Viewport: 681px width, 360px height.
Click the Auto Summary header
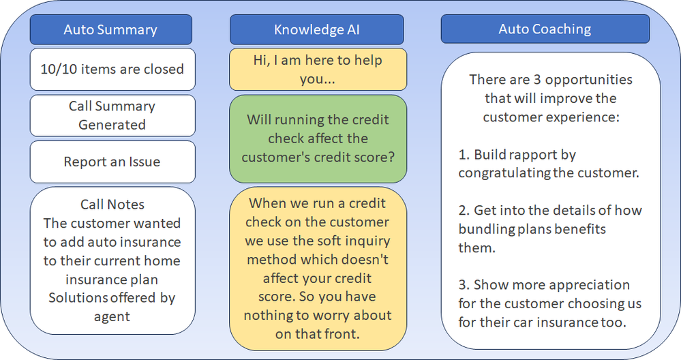[110, 29]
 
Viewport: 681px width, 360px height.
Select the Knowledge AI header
[316, 29]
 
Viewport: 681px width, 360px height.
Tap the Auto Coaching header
[545, 29]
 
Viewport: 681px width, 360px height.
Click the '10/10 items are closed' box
[112, 69]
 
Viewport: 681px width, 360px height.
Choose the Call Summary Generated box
[112, 115]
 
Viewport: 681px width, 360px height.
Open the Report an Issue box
[112, 162]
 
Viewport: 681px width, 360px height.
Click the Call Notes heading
[112, 204]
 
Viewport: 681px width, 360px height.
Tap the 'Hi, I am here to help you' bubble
[318, 70]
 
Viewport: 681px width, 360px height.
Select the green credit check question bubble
[318, 139]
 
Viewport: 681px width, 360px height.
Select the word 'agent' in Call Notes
[112, 317]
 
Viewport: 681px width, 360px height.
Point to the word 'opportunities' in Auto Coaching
[588, 80]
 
